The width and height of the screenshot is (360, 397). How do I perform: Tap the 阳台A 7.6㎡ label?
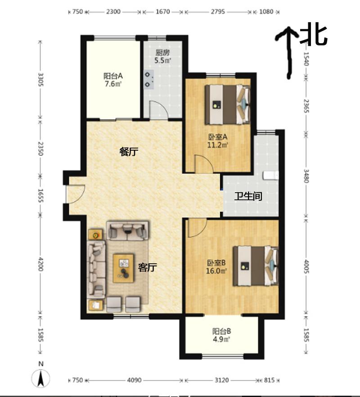tap(113, 80)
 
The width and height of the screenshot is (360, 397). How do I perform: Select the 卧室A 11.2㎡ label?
tap(218, 141)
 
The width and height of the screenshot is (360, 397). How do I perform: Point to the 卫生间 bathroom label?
tap(248, 196)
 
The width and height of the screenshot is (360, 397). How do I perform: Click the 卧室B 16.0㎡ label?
tap(216, 267)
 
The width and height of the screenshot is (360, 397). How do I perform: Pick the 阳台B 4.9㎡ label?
tap(221, 335)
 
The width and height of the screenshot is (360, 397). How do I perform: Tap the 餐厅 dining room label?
tap(129, 152)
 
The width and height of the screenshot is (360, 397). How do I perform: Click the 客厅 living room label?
tap(147, 267)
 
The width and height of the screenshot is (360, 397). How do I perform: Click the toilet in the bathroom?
tap(271, 176)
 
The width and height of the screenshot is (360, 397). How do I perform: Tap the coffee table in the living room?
tap(124, 268)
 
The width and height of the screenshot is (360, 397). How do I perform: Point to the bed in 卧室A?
tap(228, 104)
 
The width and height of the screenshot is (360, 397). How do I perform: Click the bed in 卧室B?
tap(256, 266)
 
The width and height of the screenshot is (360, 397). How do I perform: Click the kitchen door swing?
tap(158, 109)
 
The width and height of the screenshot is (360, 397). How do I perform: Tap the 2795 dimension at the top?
tap(218, 12)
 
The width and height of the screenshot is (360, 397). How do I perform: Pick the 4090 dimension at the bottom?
tap(135, 380)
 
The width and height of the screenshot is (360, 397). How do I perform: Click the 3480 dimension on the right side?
tap(306, 176)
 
